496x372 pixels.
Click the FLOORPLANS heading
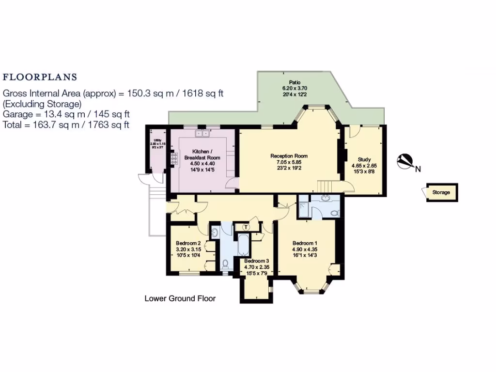pos(40,77)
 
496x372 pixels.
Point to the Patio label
pos(295,82)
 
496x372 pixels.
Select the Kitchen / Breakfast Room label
pos(202,155)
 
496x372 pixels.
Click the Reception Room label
pos(289,156)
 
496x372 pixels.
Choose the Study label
pos(364,159)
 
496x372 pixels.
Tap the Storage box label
pos(441,192)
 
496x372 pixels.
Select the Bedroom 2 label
pos(188,243)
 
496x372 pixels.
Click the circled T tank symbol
pos(246,227)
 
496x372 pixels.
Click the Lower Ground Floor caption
pos(180,298)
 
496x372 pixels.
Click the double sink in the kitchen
pos(201,133)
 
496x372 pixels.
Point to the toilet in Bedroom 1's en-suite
pos(334,213)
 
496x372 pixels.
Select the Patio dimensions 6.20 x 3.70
pos(295,89)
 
